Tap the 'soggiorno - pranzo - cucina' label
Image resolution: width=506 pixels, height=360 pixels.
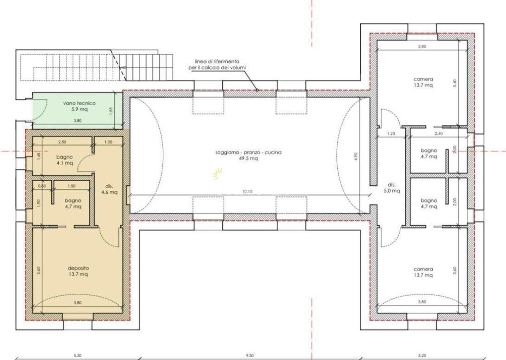248,152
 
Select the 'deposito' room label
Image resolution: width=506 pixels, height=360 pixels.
78,268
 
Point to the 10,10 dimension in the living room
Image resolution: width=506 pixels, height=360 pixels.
247,192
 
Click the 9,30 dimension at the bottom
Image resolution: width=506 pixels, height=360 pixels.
249,355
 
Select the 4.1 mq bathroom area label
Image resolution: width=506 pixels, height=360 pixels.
65,163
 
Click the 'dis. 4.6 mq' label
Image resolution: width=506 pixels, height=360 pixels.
109,189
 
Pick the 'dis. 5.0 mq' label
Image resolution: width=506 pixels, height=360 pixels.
391,188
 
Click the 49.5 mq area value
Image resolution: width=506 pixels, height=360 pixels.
248,158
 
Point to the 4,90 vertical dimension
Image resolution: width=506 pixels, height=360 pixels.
356,156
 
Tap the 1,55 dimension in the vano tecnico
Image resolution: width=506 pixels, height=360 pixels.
110,111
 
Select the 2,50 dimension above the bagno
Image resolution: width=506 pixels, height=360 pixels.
62,142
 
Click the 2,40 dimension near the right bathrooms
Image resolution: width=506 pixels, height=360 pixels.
438,133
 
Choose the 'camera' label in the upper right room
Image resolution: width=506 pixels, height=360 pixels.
423,79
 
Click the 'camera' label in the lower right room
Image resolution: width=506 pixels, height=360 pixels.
423,269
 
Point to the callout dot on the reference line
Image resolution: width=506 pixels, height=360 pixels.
257,90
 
